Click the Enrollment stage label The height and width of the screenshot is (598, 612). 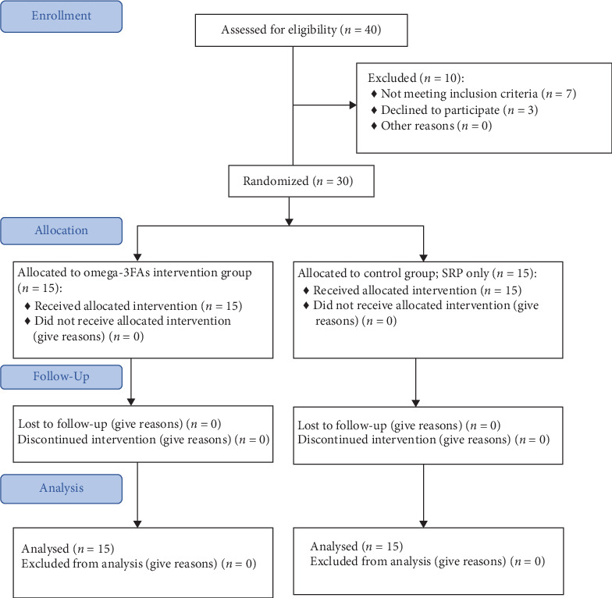click(x=61, y=16)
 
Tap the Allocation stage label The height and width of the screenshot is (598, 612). click(x=61, y=231)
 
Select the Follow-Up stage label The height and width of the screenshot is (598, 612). click(x=61, y=376)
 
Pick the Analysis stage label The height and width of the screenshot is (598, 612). click(x=61, y=489)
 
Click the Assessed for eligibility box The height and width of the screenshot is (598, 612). click(x=301, y=30)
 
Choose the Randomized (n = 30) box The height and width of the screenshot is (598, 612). click(x=301, y=181)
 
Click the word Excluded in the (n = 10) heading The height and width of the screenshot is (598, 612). click(x=392, y=78)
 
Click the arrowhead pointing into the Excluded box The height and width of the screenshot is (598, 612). click(x=353, y=105)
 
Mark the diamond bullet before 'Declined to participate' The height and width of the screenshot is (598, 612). click(x=374, y=110)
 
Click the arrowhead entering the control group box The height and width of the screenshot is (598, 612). click(x=423, y=258)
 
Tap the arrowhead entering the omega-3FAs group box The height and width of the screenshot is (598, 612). click(x=137, y=257)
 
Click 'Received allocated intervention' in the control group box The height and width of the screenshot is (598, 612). click(x=395, y=290)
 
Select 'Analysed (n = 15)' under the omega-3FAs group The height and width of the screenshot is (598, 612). click(x=68, y=549)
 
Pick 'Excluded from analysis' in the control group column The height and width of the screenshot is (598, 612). click(x=371, y=561)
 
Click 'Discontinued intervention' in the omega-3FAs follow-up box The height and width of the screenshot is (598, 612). click(x=87, y=440)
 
